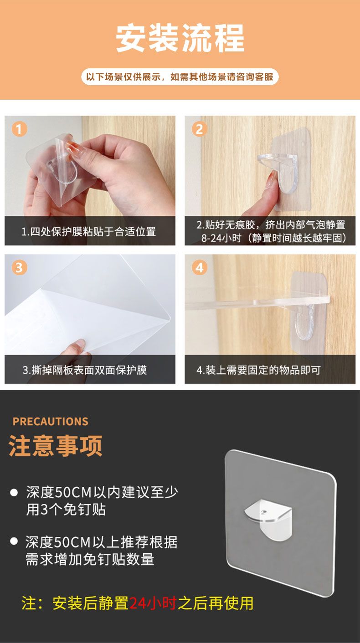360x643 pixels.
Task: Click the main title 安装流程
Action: coord(180,38)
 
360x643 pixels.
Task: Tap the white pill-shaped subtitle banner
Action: coord(180,77)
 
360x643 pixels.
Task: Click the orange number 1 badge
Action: coord(19,129)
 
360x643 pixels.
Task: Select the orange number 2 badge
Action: coord(200,129)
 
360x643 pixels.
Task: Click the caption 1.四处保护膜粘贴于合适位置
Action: coord(89,231)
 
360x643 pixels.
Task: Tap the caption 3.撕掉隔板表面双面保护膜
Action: coord(85,370)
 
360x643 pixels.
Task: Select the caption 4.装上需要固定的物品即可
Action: coord(258,370)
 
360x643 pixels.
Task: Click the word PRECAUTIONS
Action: coord(51,421)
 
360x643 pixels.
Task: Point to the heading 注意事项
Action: coord(56,446)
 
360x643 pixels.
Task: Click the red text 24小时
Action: coord(153,603)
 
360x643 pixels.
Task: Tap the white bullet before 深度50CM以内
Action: coord(14,493)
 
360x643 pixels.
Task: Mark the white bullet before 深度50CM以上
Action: coord(14,541)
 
